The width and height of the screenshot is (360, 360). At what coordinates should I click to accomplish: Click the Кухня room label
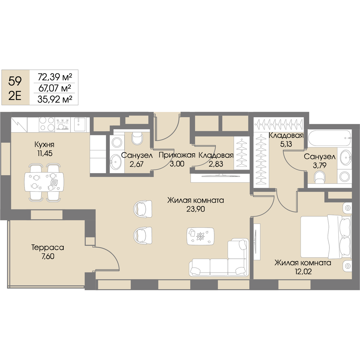pos(44,145)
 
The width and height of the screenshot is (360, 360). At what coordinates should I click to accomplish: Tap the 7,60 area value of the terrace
pos(48,256)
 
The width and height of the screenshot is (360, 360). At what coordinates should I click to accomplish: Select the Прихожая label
pos(177,155)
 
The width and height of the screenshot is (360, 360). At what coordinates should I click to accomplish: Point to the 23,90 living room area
pos(196,209)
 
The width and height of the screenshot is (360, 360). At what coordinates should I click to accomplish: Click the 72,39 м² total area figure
pos(55,77)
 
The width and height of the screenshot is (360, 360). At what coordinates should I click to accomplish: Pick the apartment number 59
pos(15,81)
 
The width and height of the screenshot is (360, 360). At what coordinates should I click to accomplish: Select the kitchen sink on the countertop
pos(80,124)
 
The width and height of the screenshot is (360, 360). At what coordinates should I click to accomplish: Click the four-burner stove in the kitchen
pos(47,124)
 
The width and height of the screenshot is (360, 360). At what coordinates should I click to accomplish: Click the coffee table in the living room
pos(200,236)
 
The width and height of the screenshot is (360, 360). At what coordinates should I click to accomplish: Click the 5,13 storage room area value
pos(286,144)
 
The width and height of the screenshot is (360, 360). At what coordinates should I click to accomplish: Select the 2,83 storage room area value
pos(216,164)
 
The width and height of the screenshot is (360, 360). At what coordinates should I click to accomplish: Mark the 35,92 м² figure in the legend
pos(55,99)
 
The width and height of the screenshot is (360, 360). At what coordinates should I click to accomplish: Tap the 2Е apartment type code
pos(15,97)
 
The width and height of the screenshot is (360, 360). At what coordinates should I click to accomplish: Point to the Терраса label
pos(48,247)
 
